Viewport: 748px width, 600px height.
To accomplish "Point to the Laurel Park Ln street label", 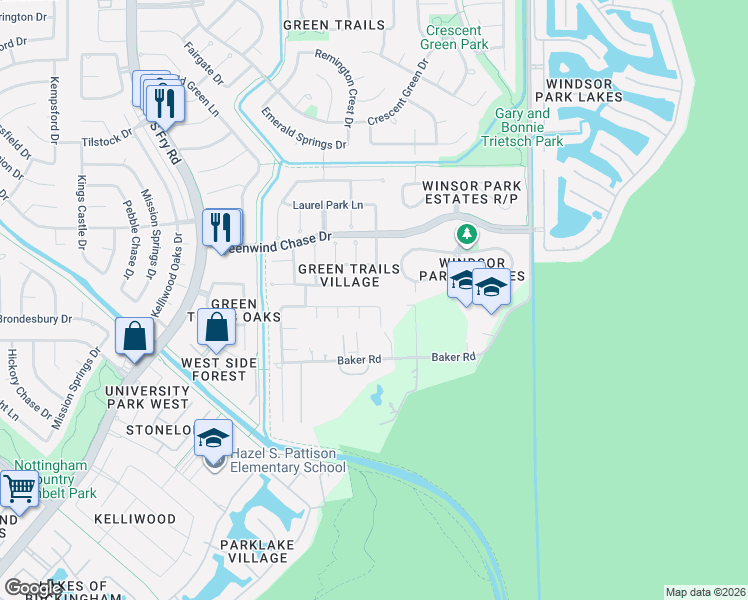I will coord(326,205).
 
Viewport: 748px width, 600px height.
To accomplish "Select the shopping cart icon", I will coord(19,489).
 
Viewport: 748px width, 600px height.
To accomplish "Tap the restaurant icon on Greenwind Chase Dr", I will coord(221,227).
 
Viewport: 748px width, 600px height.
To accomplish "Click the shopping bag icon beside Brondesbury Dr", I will coord(133,336).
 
